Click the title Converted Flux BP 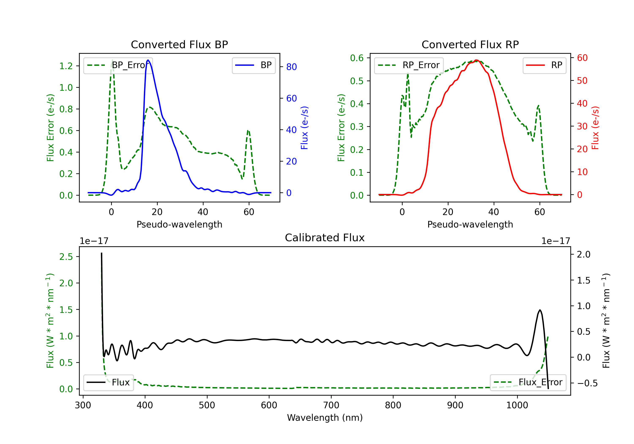coord(179,44)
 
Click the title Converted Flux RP coord(470,44)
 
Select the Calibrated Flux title coord(325,238)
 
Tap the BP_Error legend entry coord(118,65)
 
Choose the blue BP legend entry coord(253,65)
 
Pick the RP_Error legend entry coord(409,65)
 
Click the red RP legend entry coord(544,65)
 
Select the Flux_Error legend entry coord(528,382)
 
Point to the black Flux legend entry coord(108,382)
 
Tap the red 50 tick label coord(582,81)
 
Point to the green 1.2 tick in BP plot coord(66,66)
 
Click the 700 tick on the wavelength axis coord(331,405)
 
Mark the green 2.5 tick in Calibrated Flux coord(66,257)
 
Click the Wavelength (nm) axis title coord(325,418)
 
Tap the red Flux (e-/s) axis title coord(595,128)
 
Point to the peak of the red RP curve coord(476,60)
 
